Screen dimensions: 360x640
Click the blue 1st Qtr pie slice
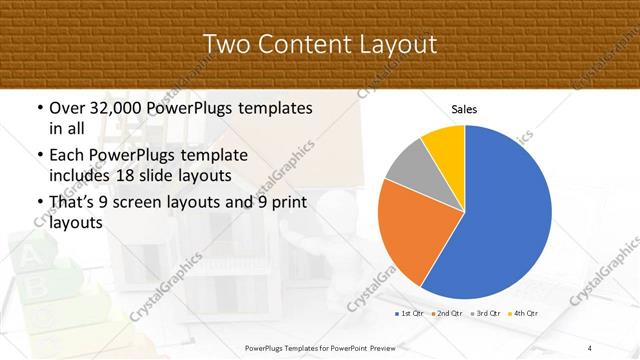(x=500, y=220)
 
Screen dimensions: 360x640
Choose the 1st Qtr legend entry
(x=410, y=314)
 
